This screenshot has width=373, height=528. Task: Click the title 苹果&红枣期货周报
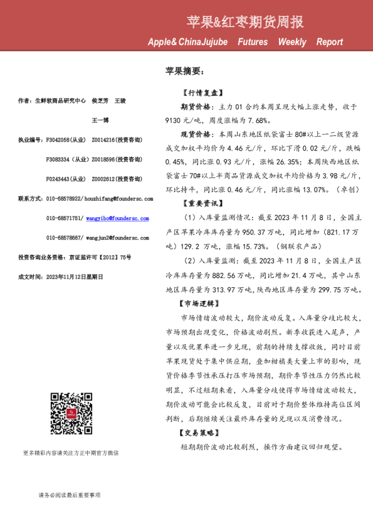pos(245,23)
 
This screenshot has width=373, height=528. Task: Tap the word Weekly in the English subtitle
pos(292,42)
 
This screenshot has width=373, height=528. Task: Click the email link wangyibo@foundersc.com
pos(118,218)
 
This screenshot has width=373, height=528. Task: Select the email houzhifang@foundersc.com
pos(119,199)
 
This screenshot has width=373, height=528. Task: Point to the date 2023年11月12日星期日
pos(73,276)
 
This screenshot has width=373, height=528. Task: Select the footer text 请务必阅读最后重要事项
pos(70,495)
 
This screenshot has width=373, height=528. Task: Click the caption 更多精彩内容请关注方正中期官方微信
pos(71,453)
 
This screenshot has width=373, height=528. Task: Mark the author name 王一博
pos(100,120)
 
